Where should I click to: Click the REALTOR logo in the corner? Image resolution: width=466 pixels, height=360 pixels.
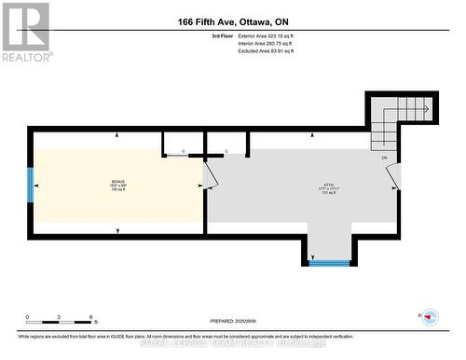tap(25, 31)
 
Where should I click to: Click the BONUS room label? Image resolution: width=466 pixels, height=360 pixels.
tap(117, 184)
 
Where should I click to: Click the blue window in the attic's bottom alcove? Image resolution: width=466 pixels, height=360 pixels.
tap(329, 263)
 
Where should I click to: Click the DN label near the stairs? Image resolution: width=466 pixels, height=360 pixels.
tap(384, 158)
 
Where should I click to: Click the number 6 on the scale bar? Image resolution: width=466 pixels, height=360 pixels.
tap(90, 317)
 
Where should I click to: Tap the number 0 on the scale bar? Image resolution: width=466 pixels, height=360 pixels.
tap(27, 317)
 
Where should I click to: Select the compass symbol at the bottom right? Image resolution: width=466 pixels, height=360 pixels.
tap(430, 317)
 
